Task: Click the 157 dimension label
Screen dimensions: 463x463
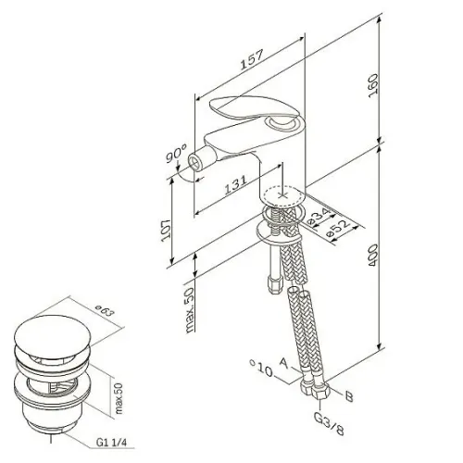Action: coord(253,59)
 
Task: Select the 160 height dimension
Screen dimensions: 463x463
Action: coord(373,85)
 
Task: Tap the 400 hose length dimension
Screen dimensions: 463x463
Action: coord(373,256)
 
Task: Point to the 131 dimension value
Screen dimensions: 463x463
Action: coord(235,185)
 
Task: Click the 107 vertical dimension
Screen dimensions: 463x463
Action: coord(166,231)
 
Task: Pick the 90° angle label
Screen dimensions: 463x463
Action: coord(176,154)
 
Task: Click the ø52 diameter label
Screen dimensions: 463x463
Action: coord(339,228)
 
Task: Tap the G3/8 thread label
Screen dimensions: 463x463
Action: coord(329,423)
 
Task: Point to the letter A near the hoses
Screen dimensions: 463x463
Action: coord(284,363)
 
